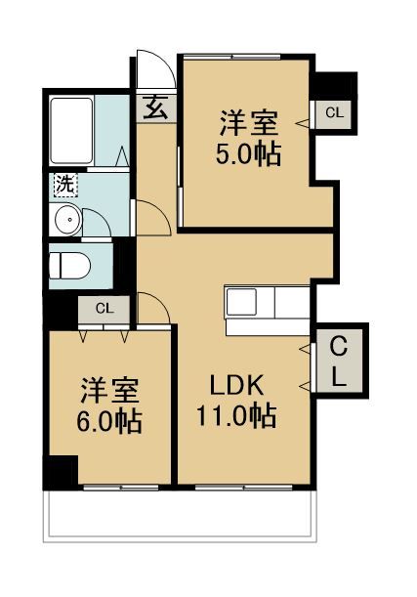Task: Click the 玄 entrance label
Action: (x=156, y=107)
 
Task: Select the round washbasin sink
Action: (x=66, y=221)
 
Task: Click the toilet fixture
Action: (x=70, y=264)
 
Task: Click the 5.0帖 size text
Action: (x=248, y=154)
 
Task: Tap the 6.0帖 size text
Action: (x=110, y=422)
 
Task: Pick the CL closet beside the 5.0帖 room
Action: (x=334, y=113)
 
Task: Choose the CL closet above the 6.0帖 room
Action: (x=104, y=309)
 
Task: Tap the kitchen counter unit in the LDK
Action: (x=266, y=302)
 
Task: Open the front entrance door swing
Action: (x=153, y=70)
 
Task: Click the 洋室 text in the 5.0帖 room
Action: (x=248, y=124)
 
